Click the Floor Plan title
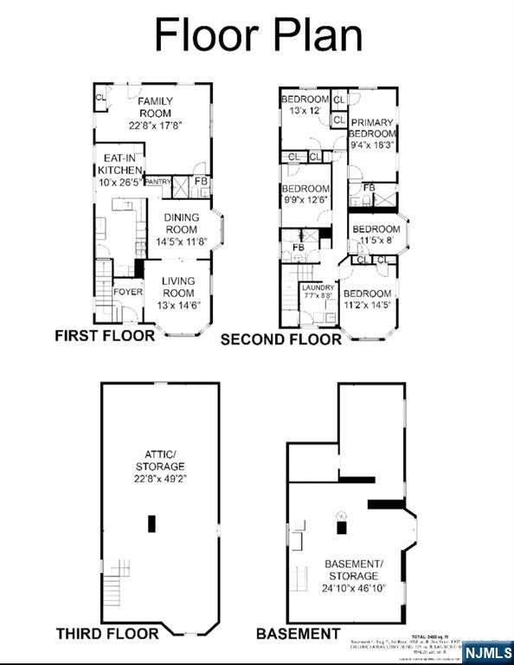[258, 36]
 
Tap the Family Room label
[156, 113]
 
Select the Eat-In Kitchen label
[118, 171]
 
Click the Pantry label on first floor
[157, 182]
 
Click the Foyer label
[128, 292]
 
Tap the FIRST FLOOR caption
[105, 335]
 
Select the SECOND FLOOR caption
[280, 339]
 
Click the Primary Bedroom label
[372, 134]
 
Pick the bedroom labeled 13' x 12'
[305, 105]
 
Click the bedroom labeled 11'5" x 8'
[375, 236]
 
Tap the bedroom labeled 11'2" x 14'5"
[367, 299]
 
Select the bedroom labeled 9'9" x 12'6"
[305, 195]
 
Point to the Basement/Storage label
[352, 576]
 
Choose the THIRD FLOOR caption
[107, 634]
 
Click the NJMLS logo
[486, 651]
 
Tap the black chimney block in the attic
[152, 523]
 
